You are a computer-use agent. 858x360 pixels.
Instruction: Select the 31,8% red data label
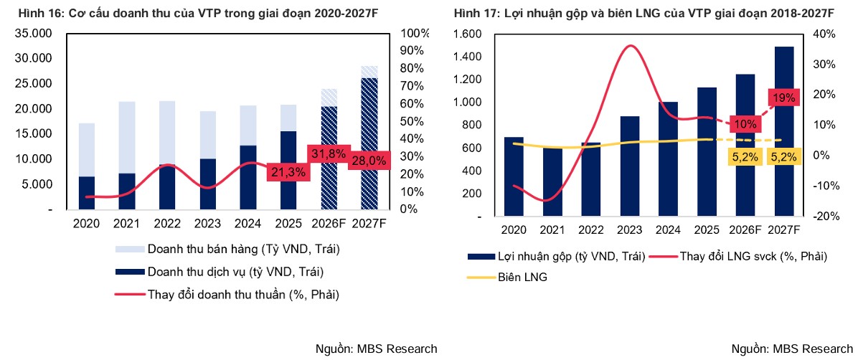click(328, 153)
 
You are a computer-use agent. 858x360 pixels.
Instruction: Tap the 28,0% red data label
click(369, 161)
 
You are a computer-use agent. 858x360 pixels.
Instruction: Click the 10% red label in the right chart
click(745, 124)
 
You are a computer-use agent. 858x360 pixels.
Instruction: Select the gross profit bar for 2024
click(668, 158)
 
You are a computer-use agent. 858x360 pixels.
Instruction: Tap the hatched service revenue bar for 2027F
click(369, 143)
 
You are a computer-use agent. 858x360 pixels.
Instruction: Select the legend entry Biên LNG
click(523, 277)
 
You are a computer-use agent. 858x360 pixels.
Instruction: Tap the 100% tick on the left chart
click(415, 34)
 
